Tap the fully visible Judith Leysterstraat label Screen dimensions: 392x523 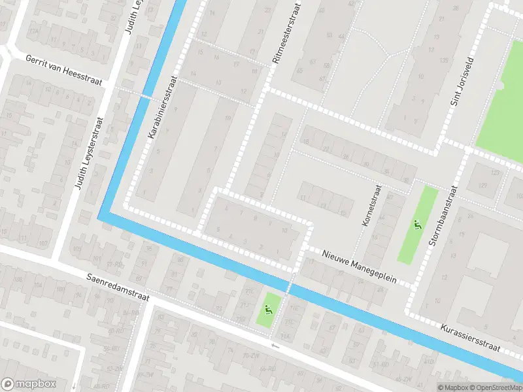88,154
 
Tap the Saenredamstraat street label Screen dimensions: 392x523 118,287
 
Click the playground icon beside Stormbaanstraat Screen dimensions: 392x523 416,225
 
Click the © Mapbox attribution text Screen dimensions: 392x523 453,387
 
